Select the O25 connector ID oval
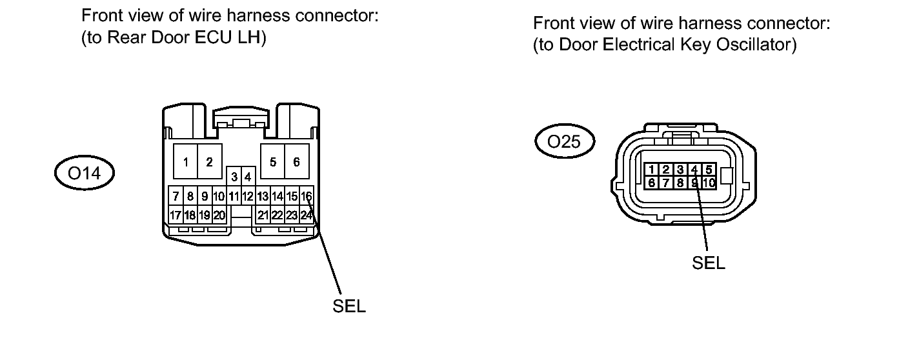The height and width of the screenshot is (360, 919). [x=565, y=142]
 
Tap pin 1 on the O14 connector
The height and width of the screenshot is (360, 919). [x=185, y=162]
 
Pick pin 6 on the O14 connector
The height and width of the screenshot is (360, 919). [x=296, y=162]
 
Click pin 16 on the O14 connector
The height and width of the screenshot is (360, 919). [x=307, y=195]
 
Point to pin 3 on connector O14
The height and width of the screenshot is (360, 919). [x=234, y=176]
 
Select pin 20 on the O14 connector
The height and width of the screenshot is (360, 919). [x=219, y=215]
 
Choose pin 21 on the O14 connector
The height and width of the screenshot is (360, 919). [x=263, y=215]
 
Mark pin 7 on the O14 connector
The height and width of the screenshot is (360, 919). [x=174, y=195]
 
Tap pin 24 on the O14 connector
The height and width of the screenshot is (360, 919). [x=307, y=215]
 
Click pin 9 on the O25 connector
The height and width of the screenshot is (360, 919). [x=694, y=183]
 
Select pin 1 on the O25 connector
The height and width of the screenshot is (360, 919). [x=652, y=170]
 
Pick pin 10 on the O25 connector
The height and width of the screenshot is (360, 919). [x=709, y=183]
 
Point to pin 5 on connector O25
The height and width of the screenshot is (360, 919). [x=709, y=170]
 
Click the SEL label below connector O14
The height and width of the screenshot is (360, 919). [x=349, y=307]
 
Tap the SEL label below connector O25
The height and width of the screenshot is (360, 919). [x=709, y=263]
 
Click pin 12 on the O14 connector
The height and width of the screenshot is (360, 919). [x=247, y=195]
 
